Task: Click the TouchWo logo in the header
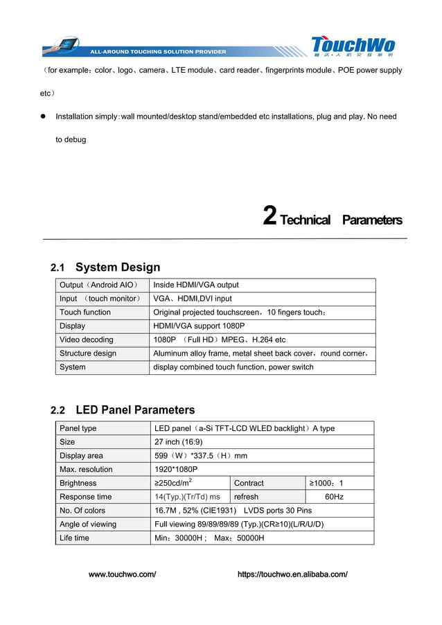[x=353, y=46]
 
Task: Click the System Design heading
[x=117, y=267]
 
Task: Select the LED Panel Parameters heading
[x=134, y=410]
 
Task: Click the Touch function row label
[x=85, y=312]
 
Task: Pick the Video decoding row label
[x=87, y=340]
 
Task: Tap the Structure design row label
[x=88, y=353]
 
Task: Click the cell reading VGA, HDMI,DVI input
[x=193, y=299]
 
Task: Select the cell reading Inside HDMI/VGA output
[x=196, y=285]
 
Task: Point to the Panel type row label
[x=78, y=428]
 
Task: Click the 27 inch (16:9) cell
[x=179, y=442]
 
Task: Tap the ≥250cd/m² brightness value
[x=173, y=483]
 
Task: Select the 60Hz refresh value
[x=334, y=497]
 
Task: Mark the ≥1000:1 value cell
[x=326, y=483]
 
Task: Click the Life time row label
[x=74, y=538]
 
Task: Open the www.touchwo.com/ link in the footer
[x=123, y=574]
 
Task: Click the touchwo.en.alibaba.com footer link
[x=292, y=574]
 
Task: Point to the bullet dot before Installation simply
[x=42, y=116]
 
